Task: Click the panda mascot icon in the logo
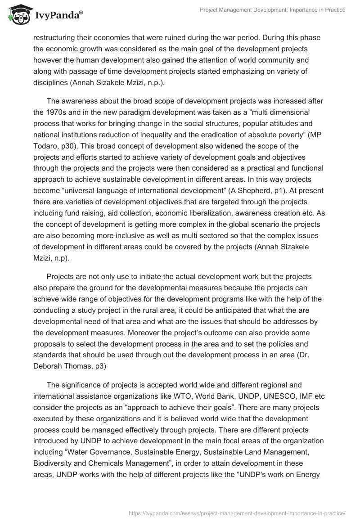(18, 14)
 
